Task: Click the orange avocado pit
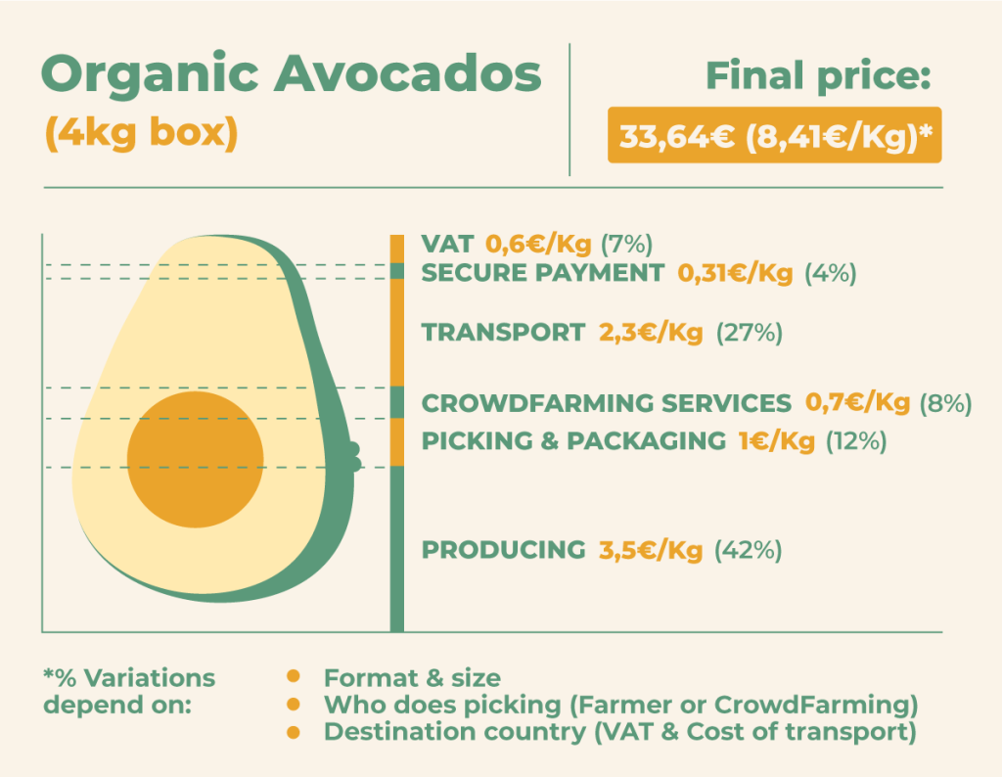point(196,459)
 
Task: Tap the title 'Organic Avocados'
point(292,74)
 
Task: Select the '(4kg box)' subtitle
point(141,133)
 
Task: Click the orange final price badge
point(775,135)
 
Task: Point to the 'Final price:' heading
point(819,76)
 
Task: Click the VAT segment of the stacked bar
point(397,250)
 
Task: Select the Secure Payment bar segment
point(397,271)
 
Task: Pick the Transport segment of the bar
point(397,333)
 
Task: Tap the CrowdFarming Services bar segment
point(397,402)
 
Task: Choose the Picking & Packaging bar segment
point(397,442)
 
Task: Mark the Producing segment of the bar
point(397,550)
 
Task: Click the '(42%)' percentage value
point(748,550)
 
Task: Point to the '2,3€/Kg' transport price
point(651,333)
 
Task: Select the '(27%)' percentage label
point(749,333)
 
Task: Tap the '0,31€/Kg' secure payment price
point(735,273)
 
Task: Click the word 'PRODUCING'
point(504,550)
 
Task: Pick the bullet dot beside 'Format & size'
point(294,676)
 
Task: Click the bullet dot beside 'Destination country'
point(294,732)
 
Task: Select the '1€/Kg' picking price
point(776,441)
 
